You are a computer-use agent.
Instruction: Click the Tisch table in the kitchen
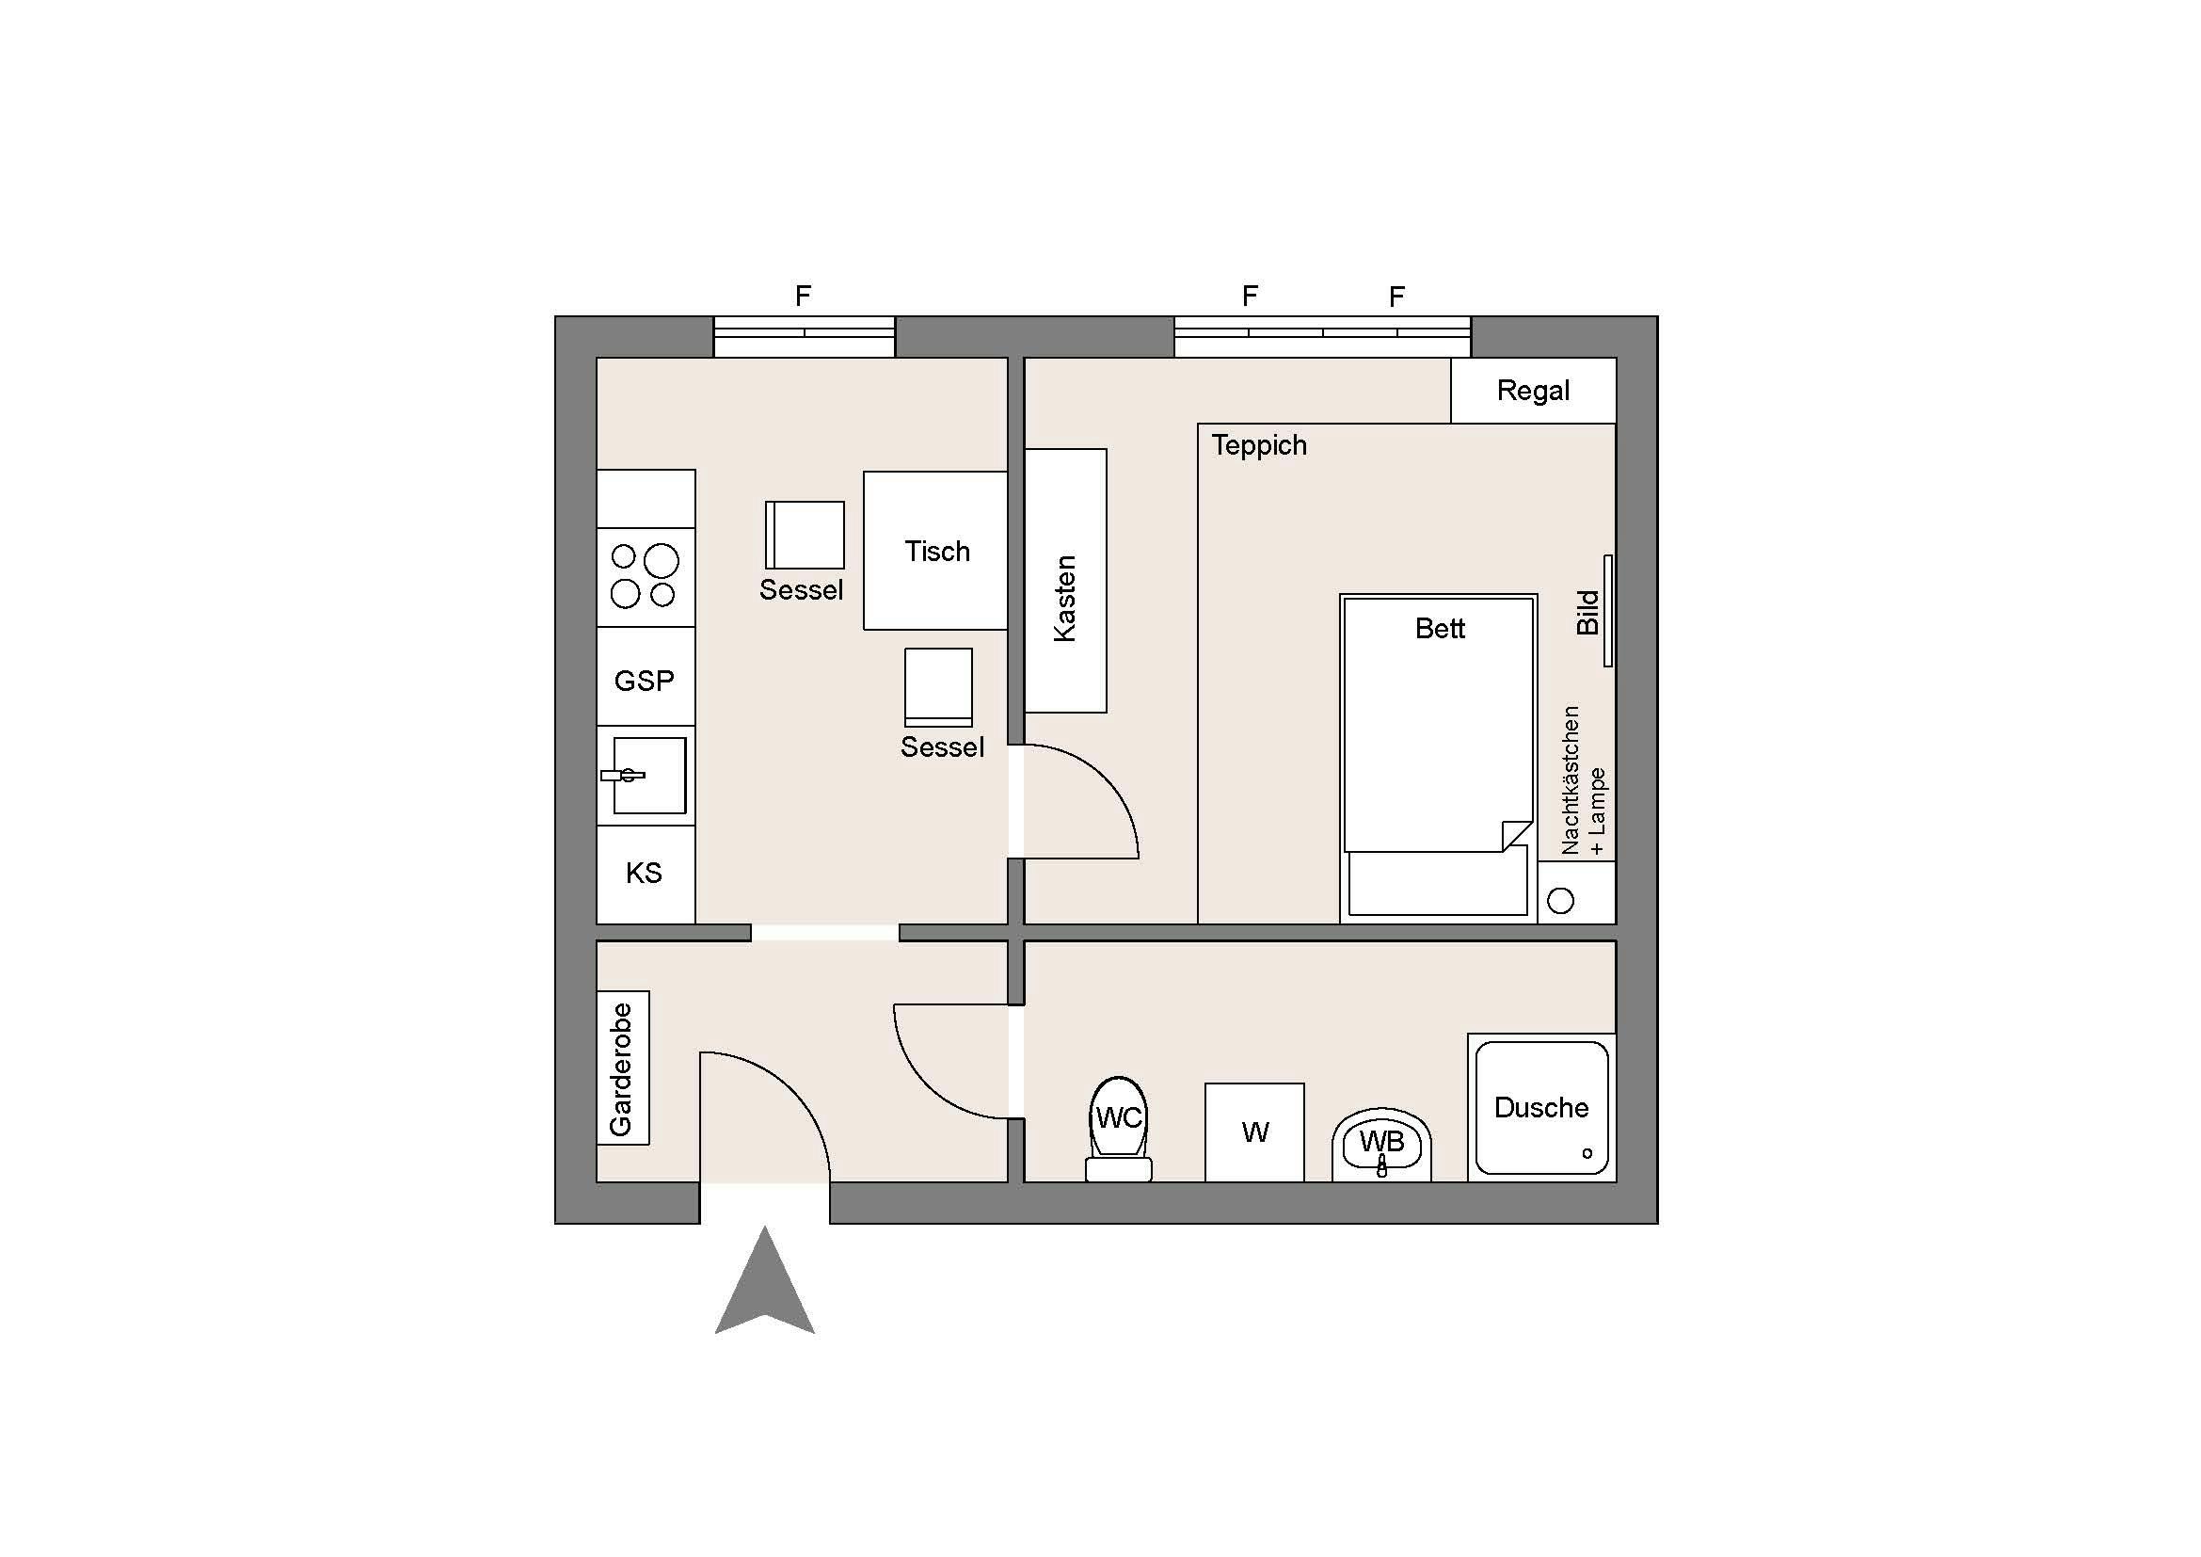tap(934, 551)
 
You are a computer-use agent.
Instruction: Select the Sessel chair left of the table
tap(805, 535)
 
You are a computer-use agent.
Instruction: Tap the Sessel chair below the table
tap(938, 687)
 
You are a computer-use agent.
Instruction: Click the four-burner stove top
tap(646, 577)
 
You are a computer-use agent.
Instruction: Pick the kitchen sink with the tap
tap(646, 776)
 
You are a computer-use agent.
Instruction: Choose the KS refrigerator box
tap(646, 875)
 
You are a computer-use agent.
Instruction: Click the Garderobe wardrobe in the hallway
tap(623, 1067)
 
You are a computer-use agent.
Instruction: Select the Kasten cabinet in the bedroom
tap(1066, 581)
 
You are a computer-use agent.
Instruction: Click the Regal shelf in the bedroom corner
tap(1534, 391)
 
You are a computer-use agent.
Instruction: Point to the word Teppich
tap(1259, 445)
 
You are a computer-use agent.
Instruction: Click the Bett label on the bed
tap(1440, 628)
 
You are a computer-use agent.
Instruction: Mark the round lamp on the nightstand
tap(1560, 901)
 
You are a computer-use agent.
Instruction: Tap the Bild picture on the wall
tap(1608, 611)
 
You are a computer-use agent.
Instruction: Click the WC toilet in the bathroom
tap(1119, 1129)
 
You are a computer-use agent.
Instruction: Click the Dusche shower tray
tap(1541, 1107)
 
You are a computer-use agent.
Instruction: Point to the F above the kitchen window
tap(804, 297)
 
